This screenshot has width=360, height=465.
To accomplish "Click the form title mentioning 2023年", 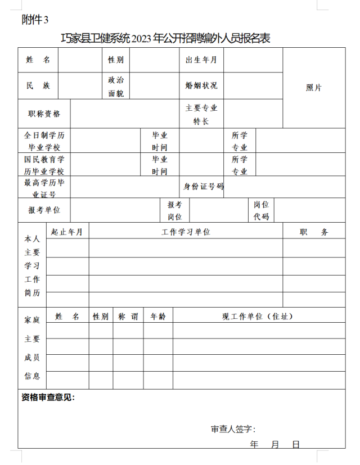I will (x=166, y=38).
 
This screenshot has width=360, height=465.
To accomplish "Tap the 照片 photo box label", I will (x=313, y=87).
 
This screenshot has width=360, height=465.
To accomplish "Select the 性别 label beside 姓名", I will (x=116, y=60).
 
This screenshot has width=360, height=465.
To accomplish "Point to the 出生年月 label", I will (x=201, y=60).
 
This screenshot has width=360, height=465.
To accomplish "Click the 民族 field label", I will (x=38, y=85).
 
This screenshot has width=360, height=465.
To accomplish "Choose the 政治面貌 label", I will (x=116, y=86).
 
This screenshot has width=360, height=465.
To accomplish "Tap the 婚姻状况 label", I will (x=201, y=85).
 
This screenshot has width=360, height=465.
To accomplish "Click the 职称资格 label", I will (x=44, y=113).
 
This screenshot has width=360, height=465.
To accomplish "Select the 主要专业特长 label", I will (x=201, y=114).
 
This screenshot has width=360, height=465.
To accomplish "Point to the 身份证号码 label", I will (x=204, y=186).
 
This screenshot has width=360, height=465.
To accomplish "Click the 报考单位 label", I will (x=44, y=210).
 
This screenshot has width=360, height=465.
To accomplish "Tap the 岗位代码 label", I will (x=261, y=210).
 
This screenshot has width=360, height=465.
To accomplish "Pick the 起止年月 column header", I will (x=67, y=232).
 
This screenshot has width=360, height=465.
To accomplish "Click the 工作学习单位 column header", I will (x=186, y=232).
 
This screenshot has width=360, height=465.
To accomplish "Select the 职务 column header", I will (x=314, y=232).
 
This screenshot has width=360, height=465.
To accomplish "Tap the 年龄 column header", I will (x=158, y=316).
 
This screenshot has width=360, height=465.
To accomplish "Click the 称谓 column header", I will (x=128, y=316).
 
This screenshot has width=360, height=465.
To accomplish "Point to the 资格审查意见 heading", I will (x=48, y=398).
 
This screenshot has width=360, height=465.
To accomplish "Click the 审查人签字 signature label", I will (x=233, y=429).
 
